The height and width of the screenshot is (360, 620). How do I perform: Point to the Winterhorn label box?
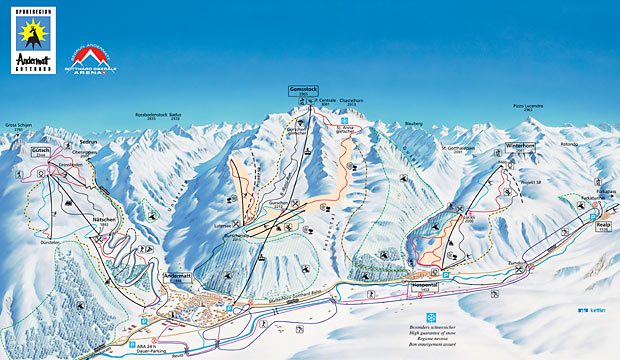click(520, 146)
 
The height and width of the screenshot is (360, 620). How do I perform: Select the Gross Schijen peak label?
click(17, 126)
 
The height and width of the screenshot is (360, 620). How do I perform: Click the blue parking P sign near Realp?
click(571, 237)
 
